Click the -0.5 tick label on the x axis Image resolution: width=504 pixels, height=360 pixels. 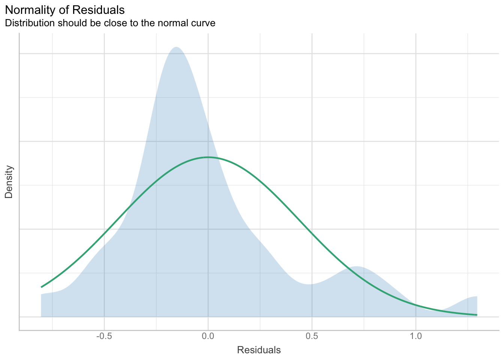tap(104, 337)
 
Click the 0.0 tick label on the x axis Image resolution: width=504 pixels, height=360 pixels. tap(208, 337)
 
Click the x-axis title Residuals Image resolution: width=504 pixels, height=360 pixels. tap(259, 350)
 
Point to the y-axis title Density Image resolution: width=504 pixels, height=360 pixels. tap(9, 182)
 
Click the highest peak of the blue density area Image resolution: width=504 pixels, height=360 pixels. tap(175, 47)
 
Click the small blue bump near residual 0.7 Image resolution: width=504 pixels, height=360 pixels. tap(356, 267)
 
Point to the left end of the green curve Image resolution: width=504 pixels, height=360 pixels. tap(42, 287)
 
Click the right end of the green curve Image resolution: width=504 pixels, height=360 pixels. tap(476, 315)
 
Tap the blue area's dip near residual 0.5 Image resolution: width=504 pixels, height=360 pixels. tap(310, 284)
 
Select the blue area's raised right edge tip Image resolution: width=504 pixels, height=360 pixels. tap(476, 297)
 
